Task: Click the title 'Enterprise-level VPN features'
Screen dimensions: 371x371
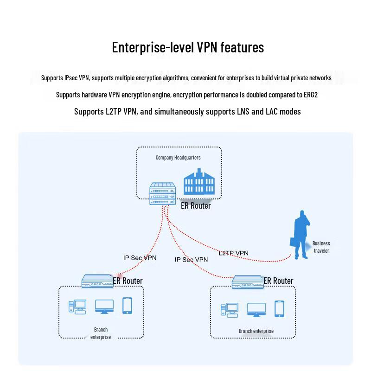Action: point(188,48)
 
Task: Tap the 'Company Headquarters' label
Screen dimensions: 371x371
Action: point(178,158)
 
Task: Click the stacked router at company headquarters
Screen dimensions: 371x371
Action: point(162,193)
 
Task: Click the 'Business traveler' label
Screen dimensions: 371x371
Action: point(321,247)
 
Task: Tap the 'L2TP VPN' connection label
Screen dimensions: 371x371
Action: point(233,253)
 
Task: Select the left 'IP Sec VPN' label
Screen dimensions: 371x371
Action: point(140,257)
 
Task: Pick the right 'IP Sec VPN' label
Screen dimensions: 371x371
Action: point(191,260)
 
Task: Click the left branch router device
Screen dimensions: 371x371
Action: point(97,281)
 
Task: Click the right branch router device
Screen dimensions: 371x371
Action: point(248,281)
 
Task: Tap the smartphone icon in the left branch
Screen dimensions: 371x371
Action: point(127,306)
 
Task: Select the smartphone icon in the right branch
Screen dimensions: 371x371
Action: point(279,309)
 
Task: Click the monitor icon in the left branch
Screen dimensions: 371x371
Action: point(104,307)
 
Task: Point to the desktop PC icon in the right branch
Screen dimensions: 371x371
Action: point(229,309)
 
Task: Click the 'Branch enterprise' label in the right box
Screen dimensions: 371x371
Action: point(256,331)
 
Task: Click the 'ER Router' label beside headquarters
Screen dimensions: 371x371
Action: point(196,205)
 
